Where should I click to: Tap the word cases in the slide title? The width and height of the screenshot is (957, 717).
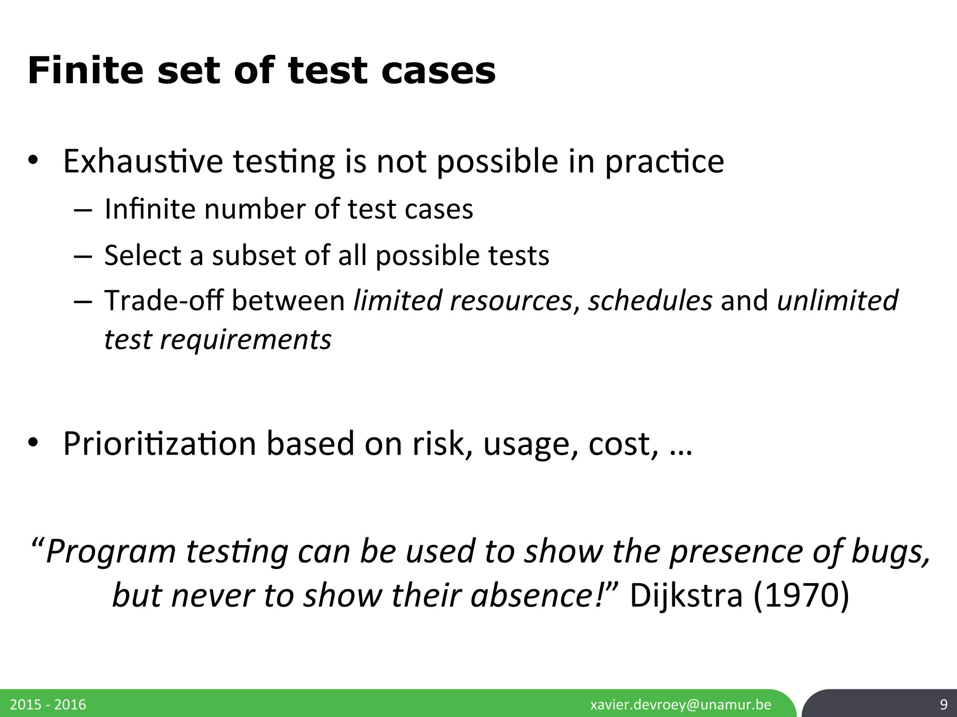click(438, 71)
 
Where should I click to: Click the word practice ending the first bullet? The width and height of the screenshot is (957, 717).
click(664, 162)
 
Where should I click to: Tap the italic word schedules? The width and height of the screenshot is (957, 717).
click(650, 300)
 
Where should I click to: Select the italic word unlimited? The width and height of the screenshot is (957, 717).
click(837, 300)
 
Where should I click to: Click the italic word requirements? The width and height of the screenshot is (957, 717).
click(246, 339)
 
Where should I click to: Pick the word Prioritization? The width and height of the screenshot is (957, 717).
click(159, 443)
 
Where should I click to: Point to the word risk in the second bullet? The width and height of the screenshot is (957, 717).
click(436, 443)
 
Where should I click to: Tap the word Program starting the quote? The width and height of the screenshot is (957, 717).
click(111, 552)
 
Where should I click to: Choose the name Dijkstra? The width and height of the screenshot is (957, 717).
click(686, 597)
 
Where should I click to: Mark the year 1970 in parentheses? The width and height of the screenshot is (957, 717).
click(801, 597)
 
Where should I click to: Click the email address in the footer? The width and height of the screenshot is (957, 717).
click(681, 704)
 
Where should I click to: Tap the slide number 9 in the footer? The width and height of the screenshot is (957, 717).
click(943, 704)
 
